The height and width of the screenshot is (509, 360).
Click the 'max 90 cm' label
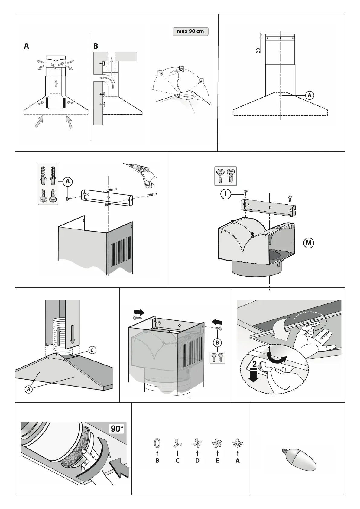(190, 31)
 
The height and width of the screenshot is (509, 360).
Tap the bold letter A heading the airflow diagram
(27, 46)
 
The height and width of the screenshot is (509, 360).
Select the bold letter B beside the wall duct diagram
(96, 46)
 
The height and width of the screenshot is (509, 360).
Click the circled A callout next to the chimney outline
(309, 95)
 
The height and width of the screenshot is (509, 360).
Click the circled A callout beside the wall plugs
(68, 181)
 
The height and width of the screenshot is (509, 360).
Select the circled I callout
(225, 194)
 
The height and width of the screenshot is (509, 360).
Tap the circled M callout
(309, 243)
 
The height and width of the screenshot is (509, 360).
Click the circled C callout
(92, 350)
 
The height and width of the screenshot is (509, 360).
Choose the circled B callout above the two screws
(217, 343)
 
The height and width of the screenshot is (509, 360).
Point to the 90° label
(117, 429)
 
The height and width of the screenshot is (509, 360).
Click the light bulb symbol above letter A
(238, 443)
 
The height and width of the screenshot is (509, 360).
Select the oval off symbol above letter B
(157, 443)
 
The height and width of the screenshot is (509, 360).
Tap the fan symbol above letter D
(197, 443)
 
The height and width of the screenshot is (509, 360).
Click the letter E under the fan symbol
(217, 461)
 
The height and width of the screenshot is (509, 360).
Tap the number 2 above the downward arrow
(255, 364)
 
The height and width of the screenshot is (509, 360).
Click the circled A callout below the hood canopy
(29, 389)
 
